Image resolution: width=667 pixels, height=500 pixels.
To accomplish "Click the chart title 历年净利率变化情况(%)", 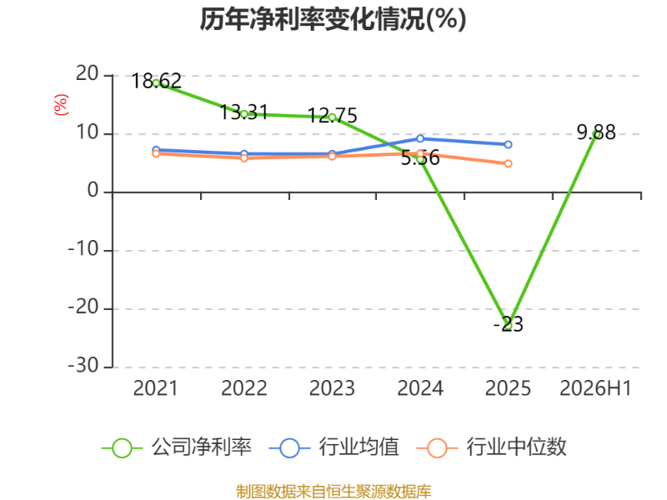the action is pos(333,19).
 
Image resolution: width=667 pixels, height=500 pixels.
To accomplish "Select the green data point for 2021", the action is pos(156,83).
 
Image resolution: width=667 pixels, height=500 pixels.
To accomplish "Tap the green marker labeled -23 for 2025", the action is pos(508,326).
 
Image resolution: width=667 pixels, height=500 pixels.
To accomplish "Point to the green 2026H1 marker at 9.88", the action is pos(596,134).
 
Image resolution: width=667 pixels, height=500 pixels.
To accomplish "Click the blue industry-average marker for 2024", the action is pos(420,138).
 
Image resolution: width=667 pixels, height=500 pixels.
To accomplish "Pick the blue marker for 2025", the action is pos(508,144).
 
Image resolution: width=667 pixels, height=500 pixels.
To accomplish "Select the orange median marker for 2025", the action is pos(508,163).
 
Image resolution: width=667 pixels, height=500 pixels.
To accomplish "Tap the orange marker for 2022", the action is pos(244,158).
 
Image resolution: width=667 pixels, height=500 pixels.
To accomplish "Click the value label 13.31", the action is pos(243,112).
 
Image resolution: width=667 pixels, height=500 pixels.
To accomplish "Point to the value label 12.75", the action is pos(332,116).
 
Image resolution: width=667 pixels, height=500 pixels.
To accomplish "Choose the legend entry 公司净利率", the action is pos(177,447).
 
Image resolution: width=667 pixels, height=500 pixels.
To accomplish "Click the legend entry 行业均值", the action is pos(334,447).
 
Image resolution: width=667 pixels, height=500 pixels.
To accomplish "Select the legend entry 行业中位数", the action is pos(491,447).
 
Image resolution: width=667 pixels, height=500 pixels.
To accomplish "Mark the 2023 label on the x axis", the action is pos(332,388).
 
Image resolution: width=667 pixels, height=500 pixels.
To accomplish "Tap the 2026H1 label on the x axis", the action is pos(595,388).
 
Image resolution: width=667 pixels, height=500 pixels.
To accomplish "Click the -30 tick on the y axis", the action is pos(83,366).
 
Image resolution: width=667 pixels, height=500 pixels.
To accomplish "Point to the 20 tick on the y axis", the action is pos(88,74).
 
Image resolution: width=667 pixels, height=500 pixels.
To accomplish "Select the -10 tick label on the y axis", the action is pos(83,249).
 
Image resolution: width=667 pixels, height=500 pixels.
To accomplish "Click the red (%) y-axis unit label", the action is pos(61,105).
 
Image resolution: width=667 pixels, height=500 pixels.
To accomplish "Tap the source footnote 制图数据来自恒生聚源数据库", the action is pos(333,492).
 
